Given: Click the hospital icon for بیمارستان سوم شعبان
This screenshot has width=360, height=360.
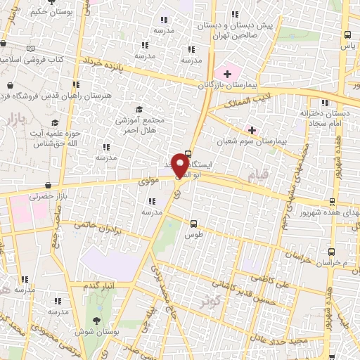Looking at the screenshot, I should (x=252, y=130).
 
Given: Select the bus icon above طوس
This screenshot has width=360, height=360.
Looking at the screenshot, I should (x=193, y=224).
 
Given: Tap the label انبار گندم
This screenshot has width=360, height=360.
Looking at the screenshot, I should (x=98, y=285).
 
